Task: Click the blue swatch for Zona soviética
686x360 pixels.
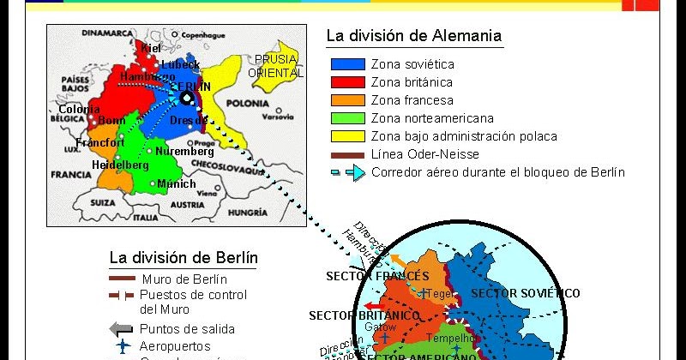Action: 346,64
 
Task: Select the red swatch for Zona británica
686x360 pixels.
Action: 346,82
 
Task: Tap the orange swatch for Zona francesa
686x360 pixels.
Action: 346,100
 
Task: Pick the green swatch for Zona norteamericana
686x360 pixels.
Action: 346,118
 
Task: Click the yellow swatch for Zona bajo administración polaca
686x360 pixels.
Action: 346,136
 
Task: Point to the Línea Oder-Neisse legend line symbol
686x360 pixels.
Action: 346,155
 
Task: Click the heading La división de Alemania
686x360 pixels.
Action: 413,37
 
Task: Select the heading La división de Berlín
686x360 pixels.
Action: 184,257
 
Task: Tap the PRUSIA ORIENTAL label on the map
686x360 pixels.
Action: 275,66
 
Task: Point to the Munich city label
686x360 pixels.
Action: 176,184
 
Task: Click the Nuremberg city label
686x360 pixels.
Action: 184,152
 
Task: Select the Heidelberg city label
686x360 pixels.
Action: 120,165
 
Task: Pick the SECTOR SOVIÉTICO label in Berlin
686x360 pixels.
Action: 526,293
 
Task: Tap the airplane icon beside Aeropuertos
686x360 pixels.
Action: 123,346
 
